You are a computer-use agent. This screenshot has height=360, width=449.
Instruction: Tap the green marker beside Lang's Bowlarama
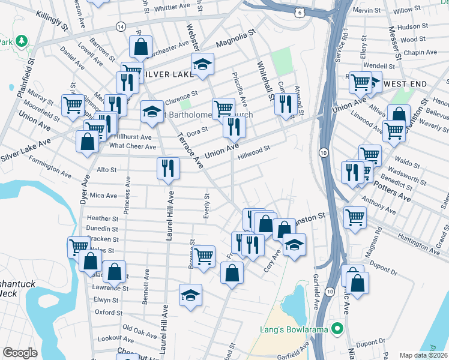coord(337,329)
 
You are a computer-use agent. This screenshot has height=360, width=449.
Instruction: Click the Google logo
coord(20,353)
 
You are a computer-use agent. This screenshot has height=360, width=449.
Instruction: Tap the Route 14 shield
coord(121,27)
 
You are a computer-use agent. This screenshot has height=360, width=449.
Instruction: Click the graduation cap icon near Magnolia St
coord(203,64)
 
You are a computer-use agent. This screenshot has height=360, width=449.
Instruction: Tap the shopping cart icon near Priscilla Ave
coord(223,108)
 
